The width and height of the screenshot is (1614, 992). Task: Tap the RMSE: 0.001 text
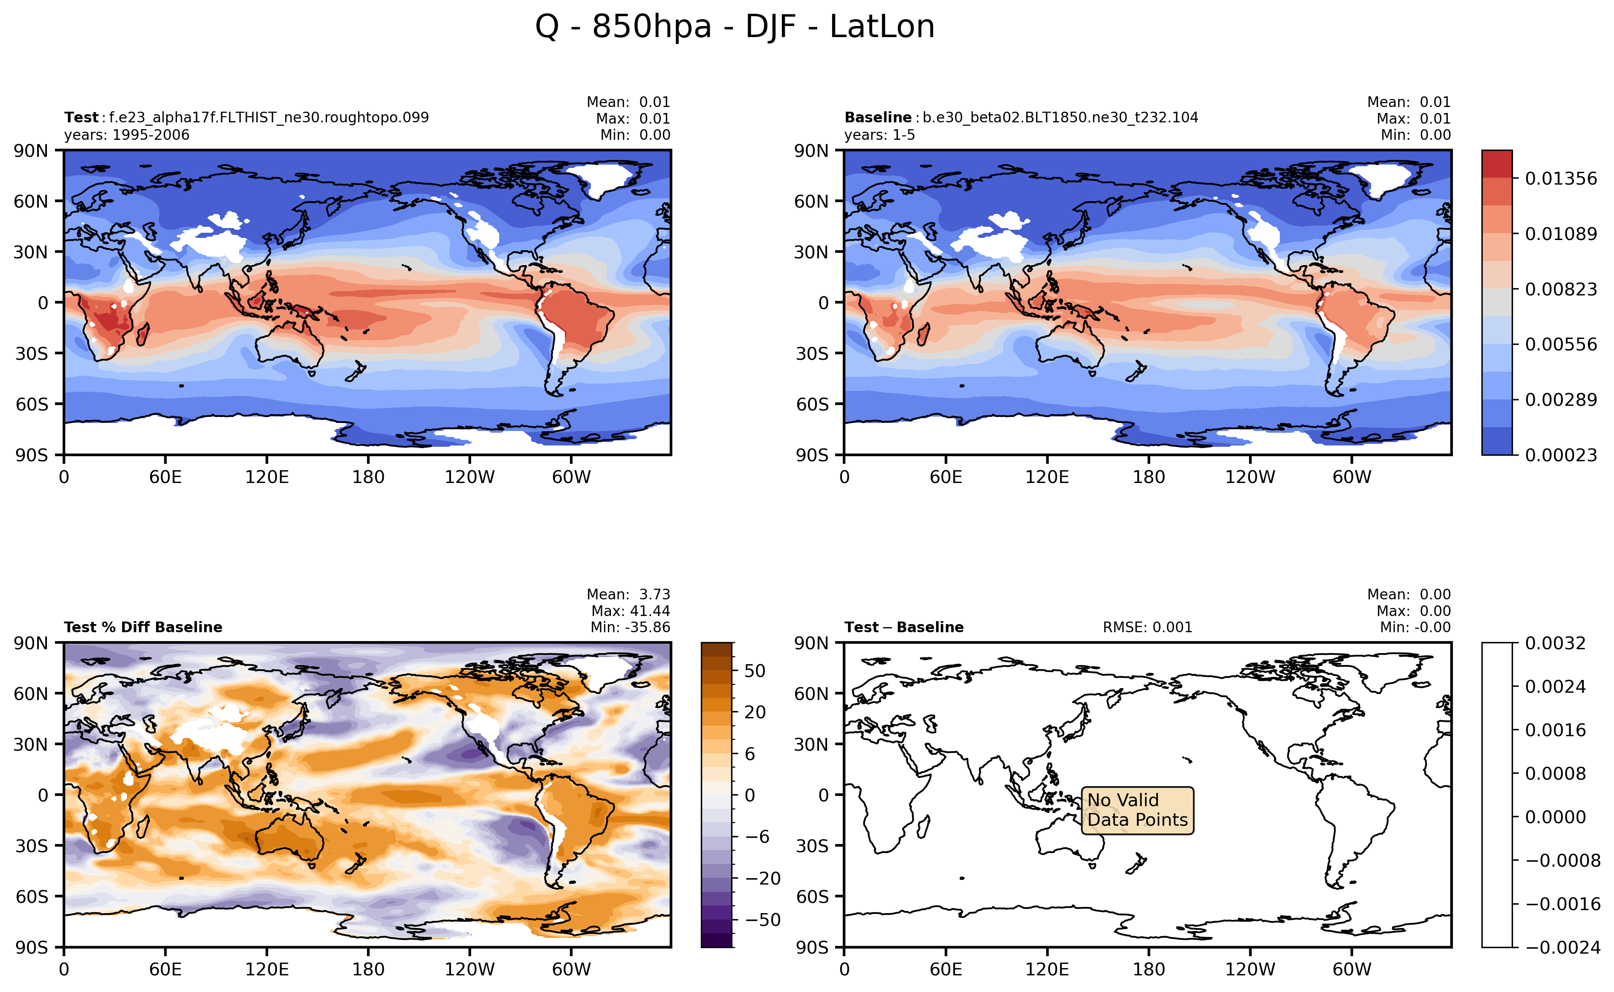coord(1147,627)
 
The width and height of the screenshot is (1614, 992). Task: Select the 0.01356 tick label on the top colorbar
coord(1560,179)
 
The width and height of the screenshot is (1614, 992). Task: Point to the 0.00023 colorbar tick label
coord(1560,455)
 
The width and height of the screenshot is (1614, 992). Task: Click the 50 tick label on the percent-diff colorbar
coord(755,671)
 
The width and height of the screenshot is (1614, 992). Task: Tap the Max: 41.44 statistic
coord(630,611)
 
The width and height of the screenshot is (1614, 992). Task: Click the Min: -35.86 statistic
coord(630,627)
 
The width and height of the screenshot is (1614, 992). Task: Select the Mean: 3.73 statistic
coord(628,594)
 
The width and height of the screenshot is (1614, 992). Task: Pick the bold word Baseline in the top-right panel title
coord(877,117)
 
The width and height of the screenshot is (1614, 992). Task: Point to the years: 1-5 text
coord(879,135)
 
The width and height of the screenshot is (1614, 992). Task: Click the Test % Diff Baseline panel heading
coord(143,627)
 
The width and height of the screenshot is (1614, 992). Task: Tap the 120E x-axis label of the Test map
coord(266,477)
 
